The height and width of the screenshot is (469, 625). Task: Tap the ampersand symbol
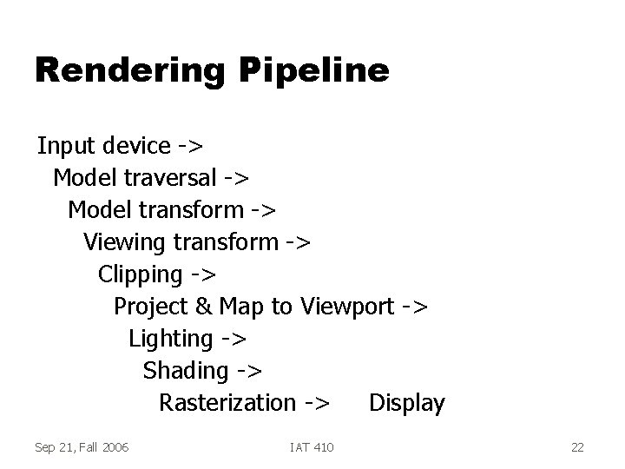(203, 307)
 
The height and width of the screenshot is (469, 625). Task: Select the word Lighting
(170, 339)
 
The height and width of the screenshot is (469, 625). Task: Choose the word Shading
(185, 371)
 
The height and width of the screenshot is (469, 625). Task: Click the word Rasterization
(227, 403)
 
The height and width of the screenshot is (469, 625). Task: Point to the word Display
(406, 403)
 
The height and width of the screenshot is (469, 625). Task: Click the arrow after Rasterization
(317, 403)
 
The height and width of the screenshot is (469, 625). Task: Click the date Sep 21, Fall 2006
(82, 447)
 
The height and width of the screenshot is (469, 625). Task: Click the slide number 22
(577, 447)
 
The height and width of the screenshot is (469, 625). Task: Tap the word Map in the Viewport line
(241, 307)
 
